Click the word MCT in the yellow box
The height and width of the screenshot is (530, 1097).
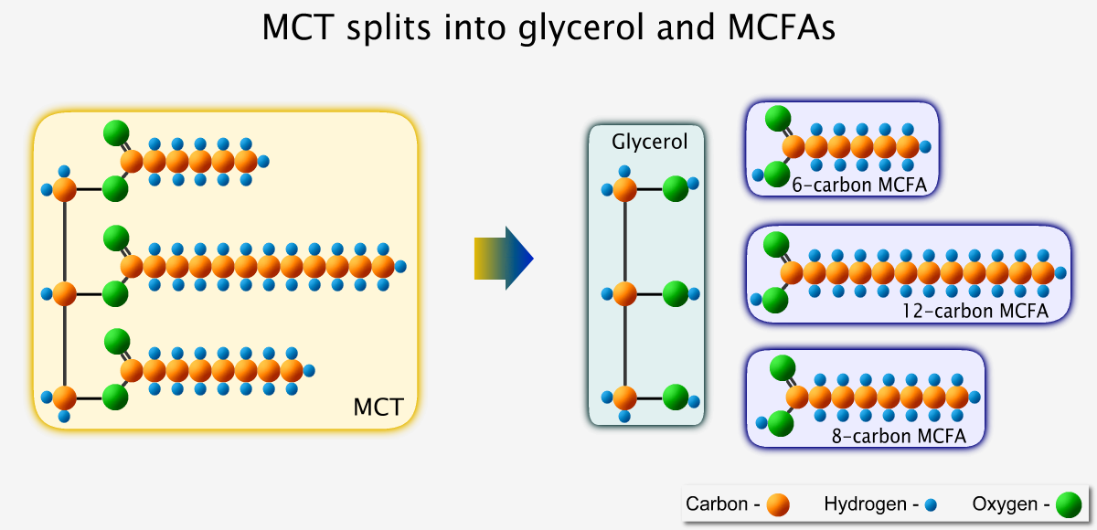pos(378,407)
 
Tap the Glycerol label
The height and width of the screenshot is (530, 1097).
pos(649,142)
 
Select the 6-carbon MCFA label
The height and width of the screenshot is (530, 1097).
pos(859,185)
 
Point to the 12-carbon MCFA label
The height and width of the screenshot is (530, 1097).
pos(975,311)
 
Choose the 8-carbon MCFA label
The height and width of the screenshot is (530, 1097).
pos(899,436)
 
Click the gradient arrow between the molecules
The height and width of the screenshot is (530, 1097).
pos(504,258)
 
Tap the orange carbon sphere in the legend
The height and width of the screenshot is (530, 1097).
pos(778,504)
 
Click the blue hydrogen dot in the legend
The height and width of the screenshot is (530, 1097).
pos(931,505)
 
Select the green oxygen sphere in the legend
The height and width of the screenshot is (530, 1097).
pos(1069,504)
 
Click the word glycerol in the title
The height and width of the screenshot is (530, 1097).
pos(580,27)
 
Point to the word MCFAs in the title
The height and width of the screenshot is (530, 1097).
pos(781,27)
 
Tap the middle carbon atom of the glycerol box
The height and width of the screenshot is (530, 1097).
pos(625,293)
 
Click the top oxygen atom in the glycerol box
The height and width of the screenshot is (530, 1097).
pos(676,188)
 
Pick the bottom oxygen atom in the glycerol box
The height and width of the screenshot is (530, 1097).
pos(676,397)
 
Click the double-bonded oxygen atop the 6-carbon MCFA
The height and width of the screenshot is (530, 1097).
pos(778,119)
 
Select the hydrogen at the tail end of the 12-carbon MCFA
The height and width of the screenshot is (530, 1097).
pos(1060,273)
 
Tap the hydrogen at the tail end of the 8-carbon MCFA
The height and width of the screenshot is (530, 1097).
pos(975,397)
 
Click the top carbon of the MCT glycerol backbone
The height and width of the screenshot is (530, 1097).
pos(65,189)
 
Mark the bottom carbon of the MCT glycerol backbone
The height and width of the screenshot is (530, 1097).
pos(65,397)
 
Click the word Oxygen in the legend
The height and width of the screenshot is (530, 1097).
pos(1005,504)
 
